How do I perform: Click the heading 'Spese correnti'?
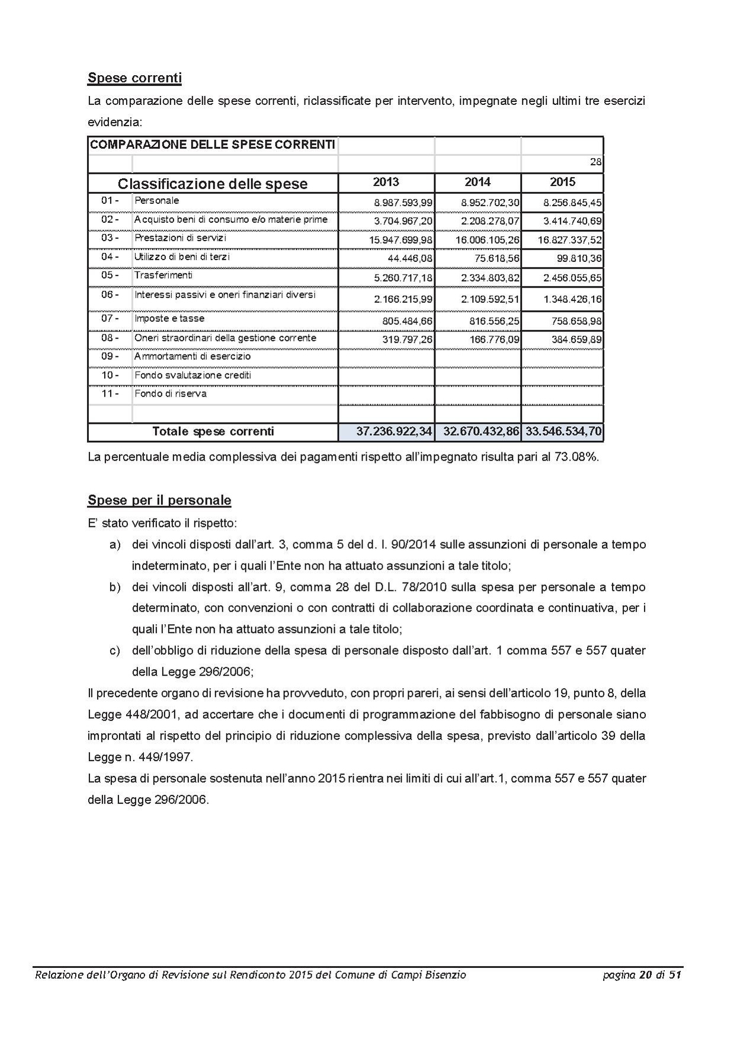pyautogui.click(x=134, y=78)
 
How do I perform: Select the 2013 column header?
pyautogui.click(x=386, y=182)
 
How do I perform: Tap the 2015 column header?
pyautogui.click(x=562, y=182)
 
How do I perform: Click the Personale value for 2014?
pyautogui.click(x=490, y=203)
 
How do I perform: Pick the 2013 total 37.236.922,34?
pyautogui.click(x=394, y=431)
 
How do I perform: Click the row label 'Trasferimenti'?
pyautogui.click(x=163, y=276)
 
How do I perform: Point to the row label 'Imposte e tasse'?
pyautogui.click(x=169, y=319)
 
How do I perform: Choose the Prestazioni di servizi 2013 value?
pyautogui.click(x=400, y=240)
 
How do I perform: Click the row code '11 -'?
pyautogui.click(x=110, y=394)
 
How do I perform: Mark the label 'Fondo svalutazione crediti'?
pyautogui.click(x=193, y=375)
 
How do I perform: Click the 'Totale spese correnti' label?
pyautogui.click(x=213, y=431)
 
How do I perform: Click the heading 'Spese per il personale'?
pyautogui.click(x=159, y=500)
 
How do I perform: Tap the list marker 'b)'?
pyautogui.click(x=114, y=587)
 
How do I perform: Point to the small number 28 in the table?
pyautogui.click(x=596, y=162)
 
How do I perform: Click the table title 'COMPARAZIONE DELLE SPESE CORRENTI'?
pyautogui.click(x=212, y=145)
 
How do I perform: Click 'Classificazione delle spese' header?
pyautogui.click(x=213, y=184)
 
